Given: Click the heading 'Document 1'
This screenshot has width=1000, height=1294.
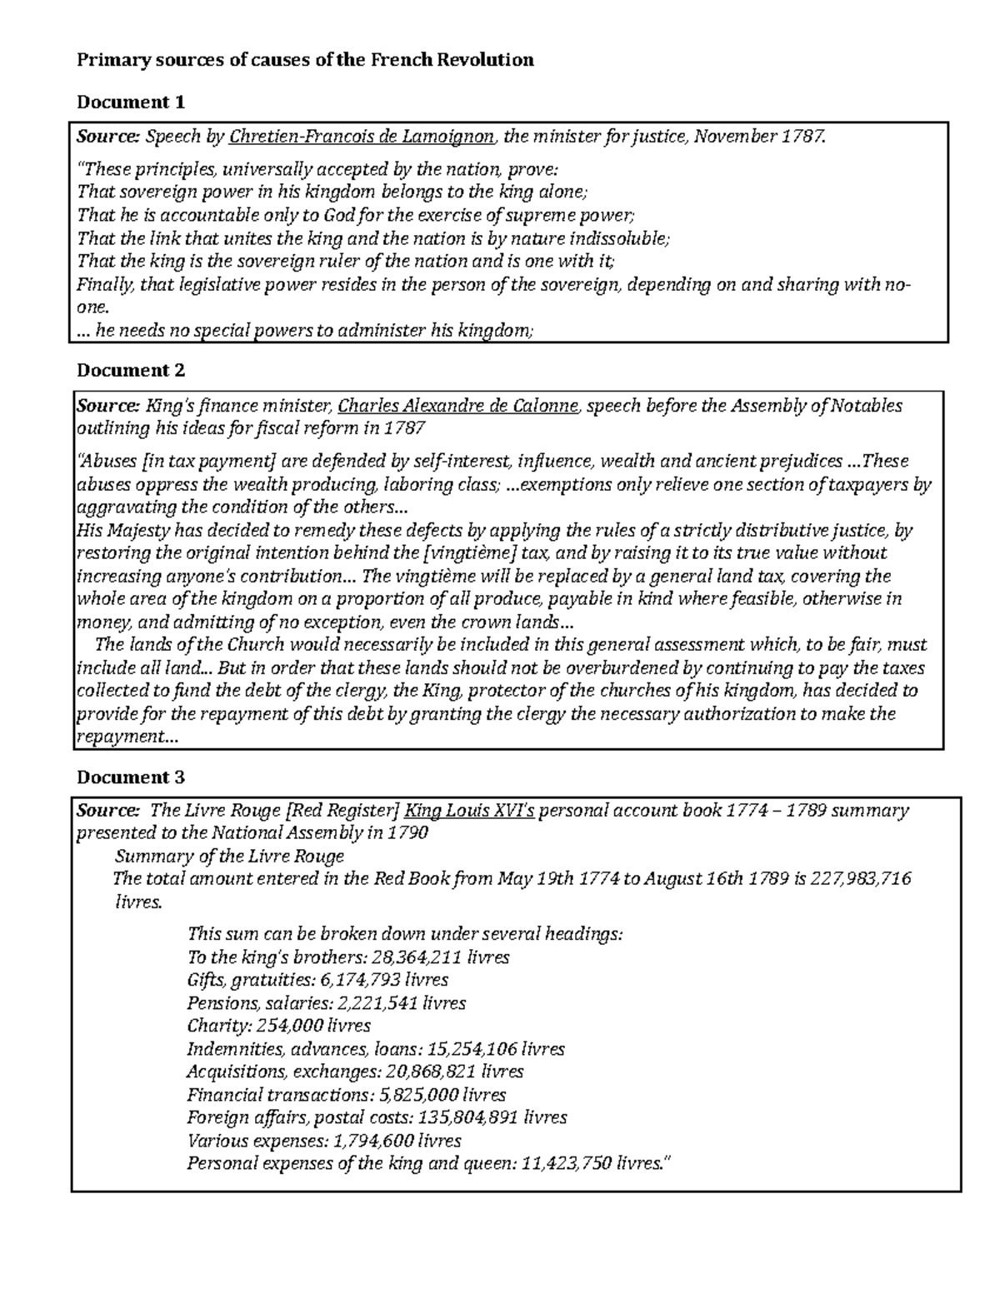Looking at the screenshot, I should click(131, 102).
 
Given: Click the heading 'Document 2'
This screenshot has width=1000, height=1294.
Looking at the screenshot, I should click(131, 370).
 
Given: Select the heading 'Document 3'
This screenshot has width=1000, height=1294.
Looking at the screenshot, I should click(131, 777).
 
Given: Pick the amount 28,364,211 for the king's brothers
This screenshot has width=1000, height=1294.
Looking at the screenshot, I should click(421, 957).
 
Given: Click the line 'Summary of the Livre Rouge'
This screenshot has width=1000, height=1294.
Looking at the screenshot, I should click(229, 856).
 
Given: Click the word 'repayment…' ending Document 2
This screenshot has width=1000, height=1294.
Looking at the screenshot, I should click(127, 737).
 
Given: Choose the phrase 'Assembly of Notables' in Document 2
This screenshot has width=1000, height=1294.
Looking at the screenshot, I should click(817, 407).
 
